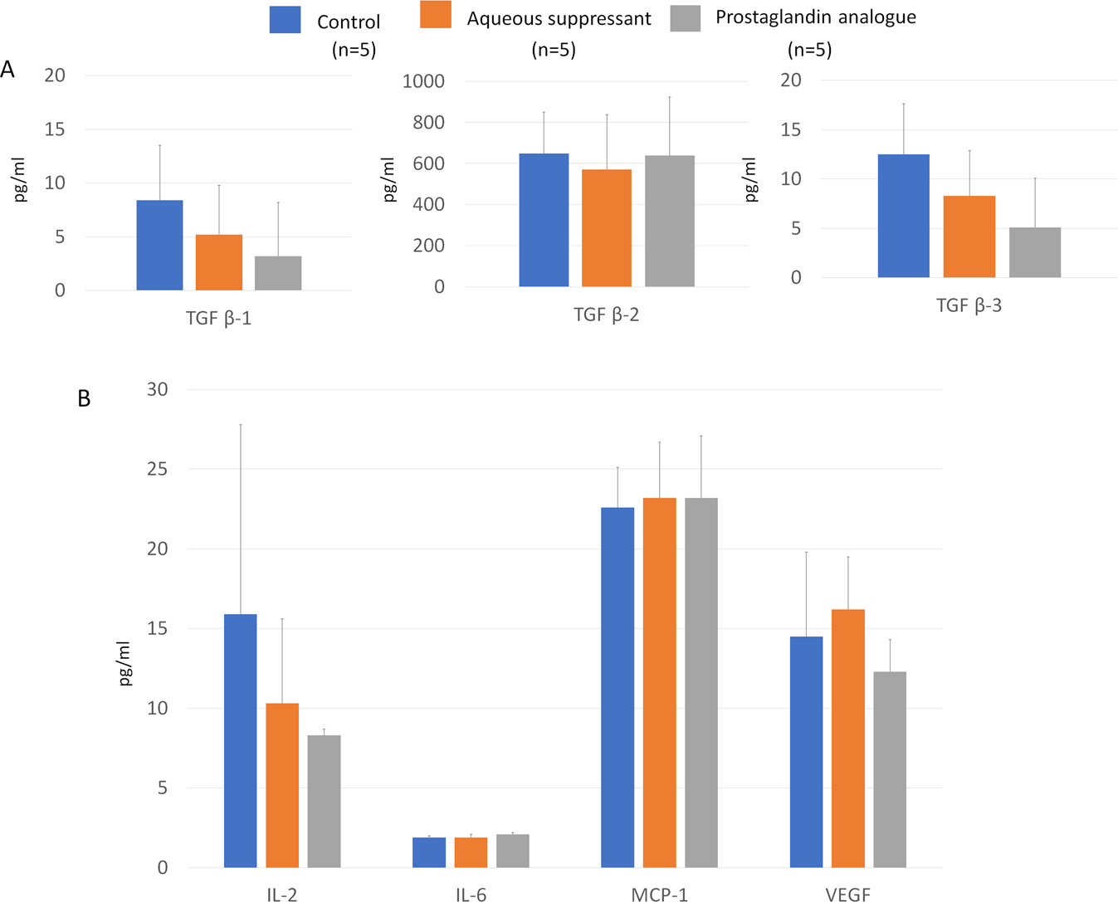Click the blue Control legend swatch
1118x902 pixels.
(x=285, y=19)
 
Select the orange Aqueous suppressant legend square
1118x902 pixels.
(x=436, y=15)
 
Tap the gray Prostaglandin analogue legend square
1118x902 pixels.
(x=685, y=17)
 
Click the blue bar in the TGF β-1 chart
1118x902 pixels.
(x=159, y=245)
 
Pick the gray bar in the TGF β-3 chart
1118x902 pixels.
(x=1034, y=252)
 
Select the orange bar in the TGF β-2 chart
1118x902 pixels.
(x=606, y=228)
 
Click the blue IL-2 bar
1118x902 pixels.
(x=241, y=740)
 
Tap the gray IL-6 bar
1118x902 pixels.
(x=512, y=851)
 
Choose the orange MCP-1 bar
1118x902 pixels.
(x=659, y=682)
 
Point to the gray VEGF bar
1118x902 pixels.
(x=890, y=769)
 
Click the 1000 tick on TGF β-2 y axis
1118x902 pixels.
(x=423, y=81)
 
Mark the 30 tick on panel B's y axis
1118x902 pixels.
(x=157, y=389)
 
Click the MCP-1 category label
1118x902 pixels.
(x=659, y=895)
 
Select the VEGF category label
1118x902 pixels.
(x=847, y=895)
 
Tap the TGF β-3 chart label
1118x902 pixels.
(x=969, y=305)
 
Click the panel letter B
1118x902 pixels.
(x=84, y=399)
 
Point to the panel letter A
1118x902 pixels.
(x=8, y=70)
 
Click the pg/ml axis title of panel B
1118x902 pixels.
(x=124, y=663)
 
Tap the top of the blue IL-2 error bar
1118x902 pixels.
(x=241, y=425)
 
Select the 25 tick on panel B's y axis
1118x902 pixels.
(x=157, y=469)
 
